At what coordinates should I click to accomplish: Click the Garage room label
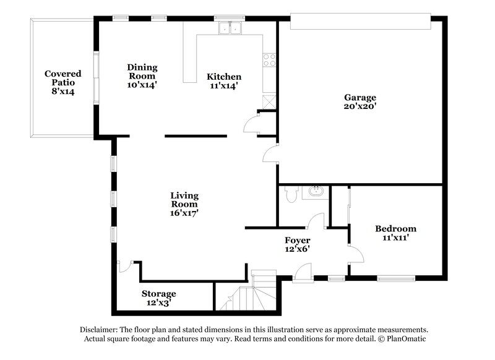coord(360,102)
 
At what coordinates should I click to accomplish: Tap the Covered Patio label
coord(62,82)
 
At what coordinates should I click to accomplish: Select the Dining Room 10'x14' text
coord(142,76)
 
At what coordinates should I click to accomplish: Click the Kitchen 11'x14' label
coord(223,81)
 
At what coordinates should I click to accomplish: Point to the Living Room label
coord(184,204)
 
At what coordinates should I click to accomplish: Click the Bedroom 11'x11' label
coord(395,233)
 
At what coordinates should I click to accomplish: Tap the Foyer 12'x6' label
coord(297,244)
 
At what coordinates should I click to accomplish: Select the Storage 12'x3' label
coord(158,298)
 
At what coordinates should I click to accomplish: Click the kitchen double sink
coord(230,27)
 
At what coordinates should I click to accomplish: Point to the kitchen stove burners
coord(270,60)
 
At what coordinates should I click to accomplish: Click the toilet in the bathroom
coord(291,194)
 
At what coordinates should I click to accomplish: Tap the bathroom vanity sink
coord(316,192)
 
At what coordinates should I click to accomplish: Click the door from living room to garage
coord(270,154)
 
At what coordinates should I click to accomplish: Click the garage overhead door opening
coord(360,22)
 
